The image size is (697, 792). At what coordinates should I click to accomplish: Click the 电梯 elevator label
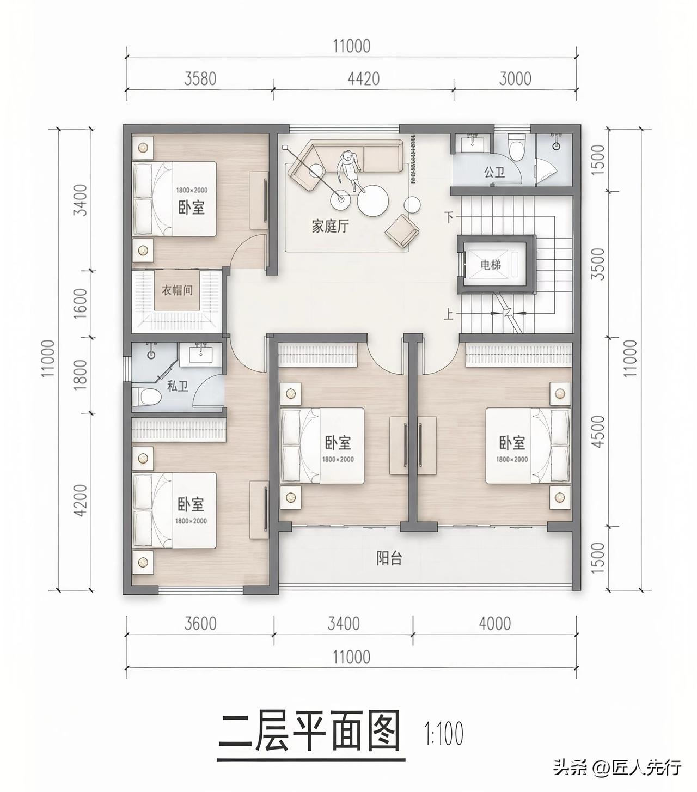(x=491, y=265)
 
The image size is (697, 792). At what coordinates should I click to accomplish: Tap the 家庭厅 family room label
(x=331, y=227)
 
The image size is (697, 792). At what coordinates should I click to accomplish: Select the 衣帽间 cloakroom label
(x=177, y=290)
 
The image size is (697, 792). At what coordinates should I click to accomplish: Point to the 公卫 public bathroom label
(x=494, y=172)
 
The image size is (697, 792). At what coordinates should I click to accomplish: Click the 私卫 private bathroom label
(x=178, y=386)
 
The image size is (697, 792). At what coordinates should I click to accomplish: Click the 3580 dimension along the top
(x=200, y=78)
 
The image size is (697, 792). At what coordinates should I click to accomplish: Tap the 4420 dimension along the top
(x=364, y=78)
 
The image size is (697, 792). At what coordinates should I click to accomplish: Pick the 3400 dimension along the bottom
(x=343, y=623)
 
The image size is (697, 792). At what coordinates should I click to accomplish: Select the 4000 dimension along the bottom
(x=494, y=623)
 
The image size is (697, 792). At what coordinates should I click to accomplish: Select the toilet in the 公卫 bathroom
(x=516, y=147)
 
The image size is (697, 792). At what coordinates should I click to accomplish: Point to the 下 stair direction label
(x=449, y=217)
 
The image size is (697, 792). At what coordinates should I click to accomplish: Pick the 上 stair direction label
(x=449, y=314)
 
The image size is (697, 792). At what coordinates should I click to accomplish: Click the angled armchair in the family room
(x=402, y=231)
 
